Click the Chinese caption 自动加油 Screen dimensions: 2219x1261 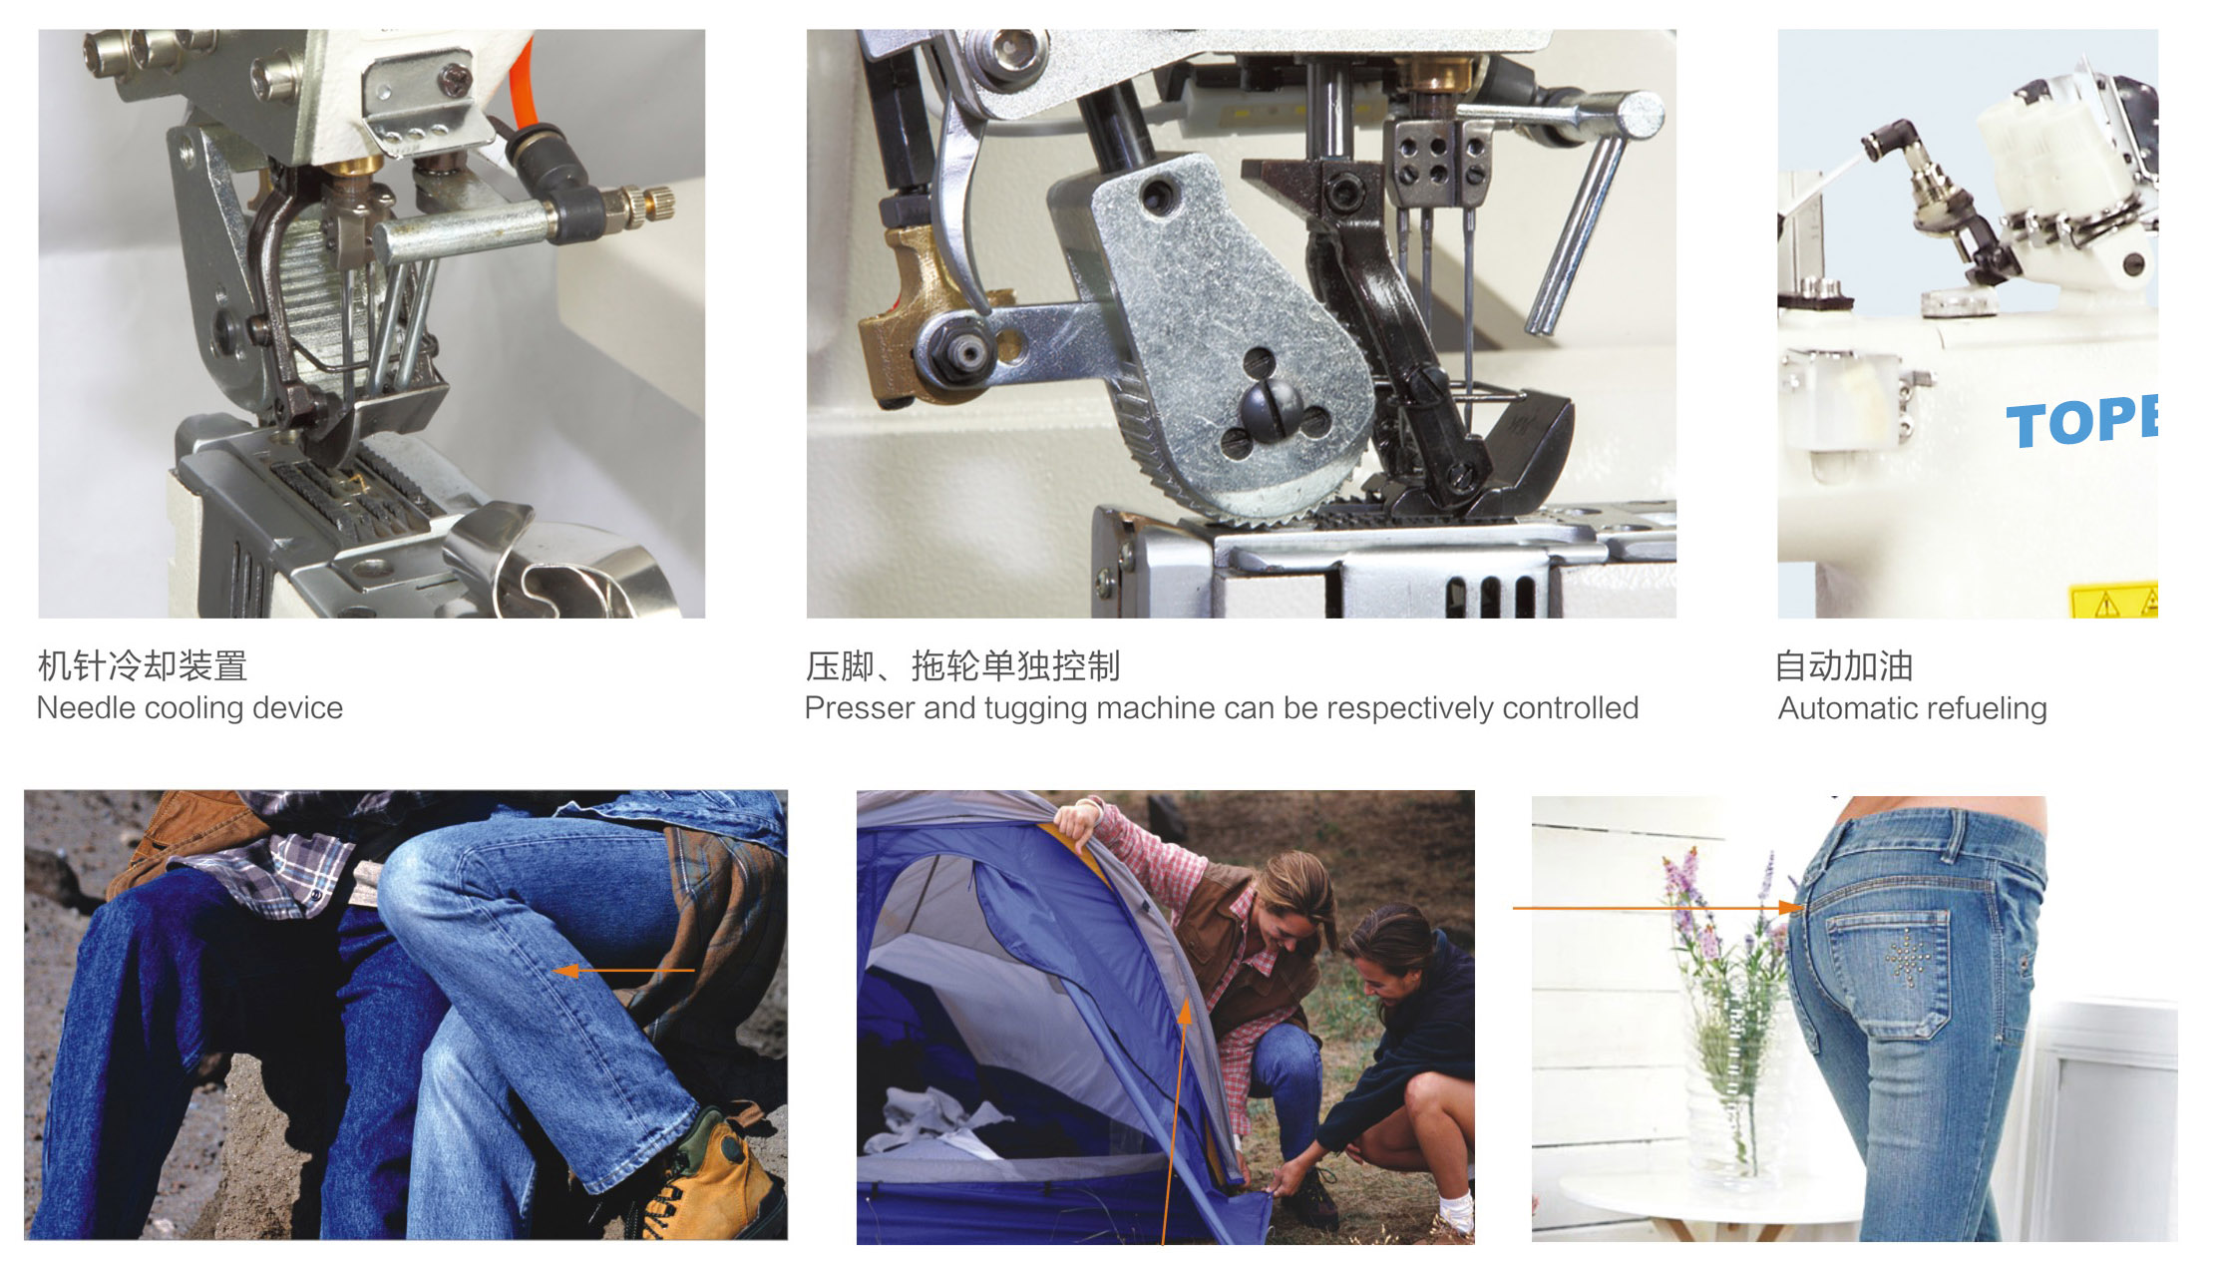tap(1844, 665)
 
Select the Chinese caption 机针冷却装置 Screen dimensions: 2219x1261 tap(143, 665)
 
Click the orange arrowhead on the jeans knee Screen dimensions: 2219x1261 tap(566, 970)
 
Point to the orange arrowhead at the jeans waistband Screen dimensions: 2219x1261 tap(1792, 908)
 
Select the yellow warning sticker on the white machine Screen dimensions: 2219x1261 tap(2114, 601)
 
